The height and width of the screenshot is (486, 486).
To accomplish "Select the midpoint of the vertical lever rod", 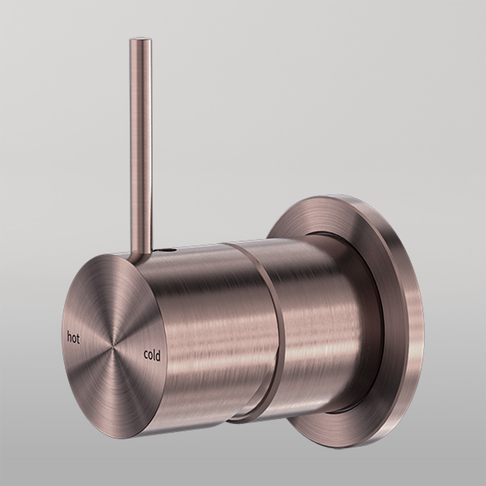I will point(140,146).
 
